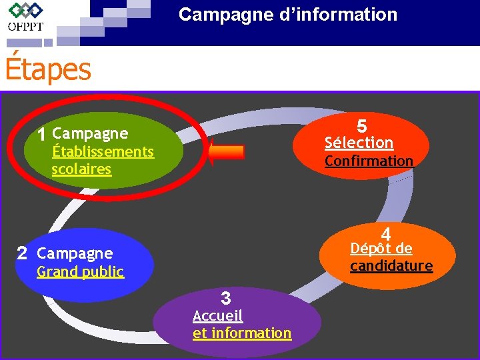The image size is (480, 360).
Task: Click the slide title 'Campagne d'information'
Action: click(x=287, y=15)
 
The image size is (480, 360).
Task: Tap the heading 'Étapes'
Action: click(x=48, y=68)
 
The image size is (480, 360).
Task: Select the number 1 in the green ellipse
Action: click(x=42, y=135)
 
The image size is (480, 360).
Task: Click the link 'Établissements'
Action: click(x=103, y=152)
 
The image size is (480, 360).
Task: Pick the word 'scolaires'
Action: click(x=81, y=169)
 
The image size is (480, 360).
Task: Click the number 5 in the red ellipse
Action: click(x=361, y=126)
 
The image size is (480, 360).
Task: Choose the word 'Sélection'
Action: click(x=359, y=143)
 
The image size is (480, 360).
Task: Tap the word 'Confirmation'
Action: click(x=369, y=161)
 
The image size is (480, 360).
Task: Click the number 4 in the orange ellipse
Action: click(x=386, y=233)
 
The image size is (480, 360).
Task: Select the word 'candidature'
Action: click(x=391, y=266)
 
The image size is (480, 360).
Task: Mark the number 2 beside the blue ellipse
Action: click(x=22, y=253)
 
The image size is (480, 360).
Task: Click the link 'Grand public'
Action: click(x=81, y=271)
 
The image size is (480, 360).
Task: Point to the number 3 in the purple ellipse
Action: click(x=226, y=298)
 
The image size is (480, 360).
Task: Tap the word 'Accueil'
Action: click(x=217, y=315)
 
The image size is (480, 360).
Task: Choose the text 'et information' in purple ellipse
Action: click(x=242, y=333)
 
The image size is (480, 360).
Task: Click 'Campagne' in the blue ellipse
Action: click(x=75, y=253)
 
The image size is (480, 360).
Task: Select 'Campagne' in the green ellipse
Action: click(x=90, y=133)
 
